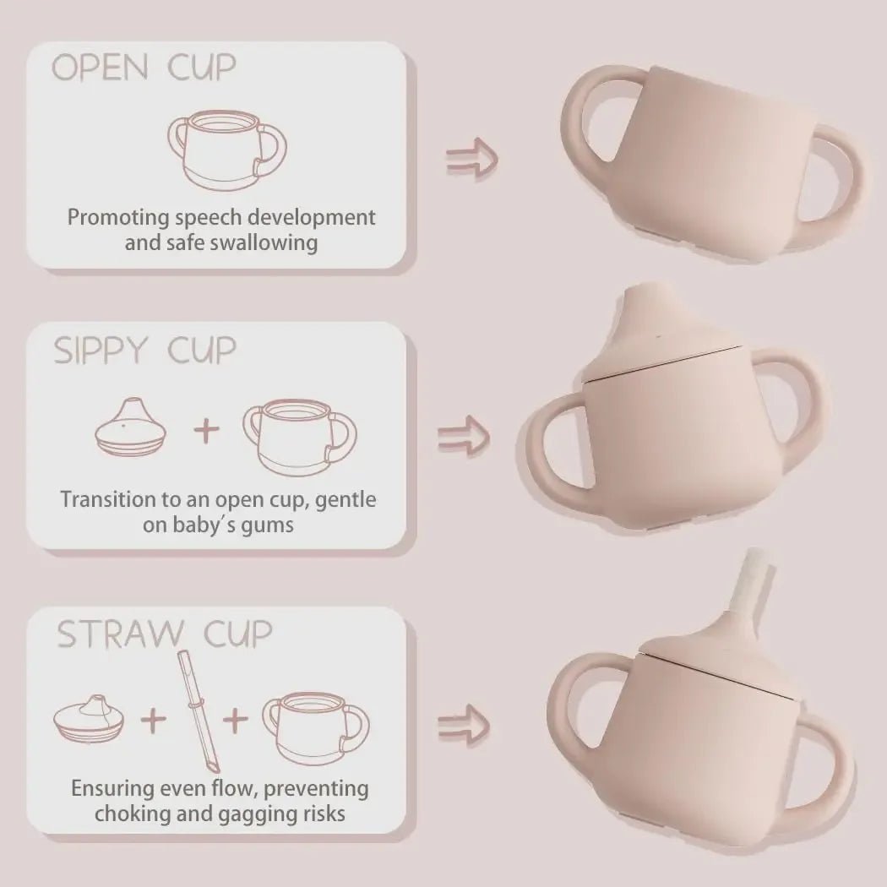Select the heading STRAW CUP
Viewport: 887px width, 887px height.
click(165, 634)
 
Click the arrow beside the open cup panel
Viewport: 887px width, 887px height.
click(471, 158)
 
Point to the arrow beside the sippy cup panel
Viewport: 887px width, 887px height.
click(464, 435)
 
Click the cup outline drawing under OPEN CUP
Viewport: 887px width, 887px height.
click(223, 152)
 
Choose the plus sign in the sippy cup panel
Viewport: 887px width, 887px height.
click(207, 432)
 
